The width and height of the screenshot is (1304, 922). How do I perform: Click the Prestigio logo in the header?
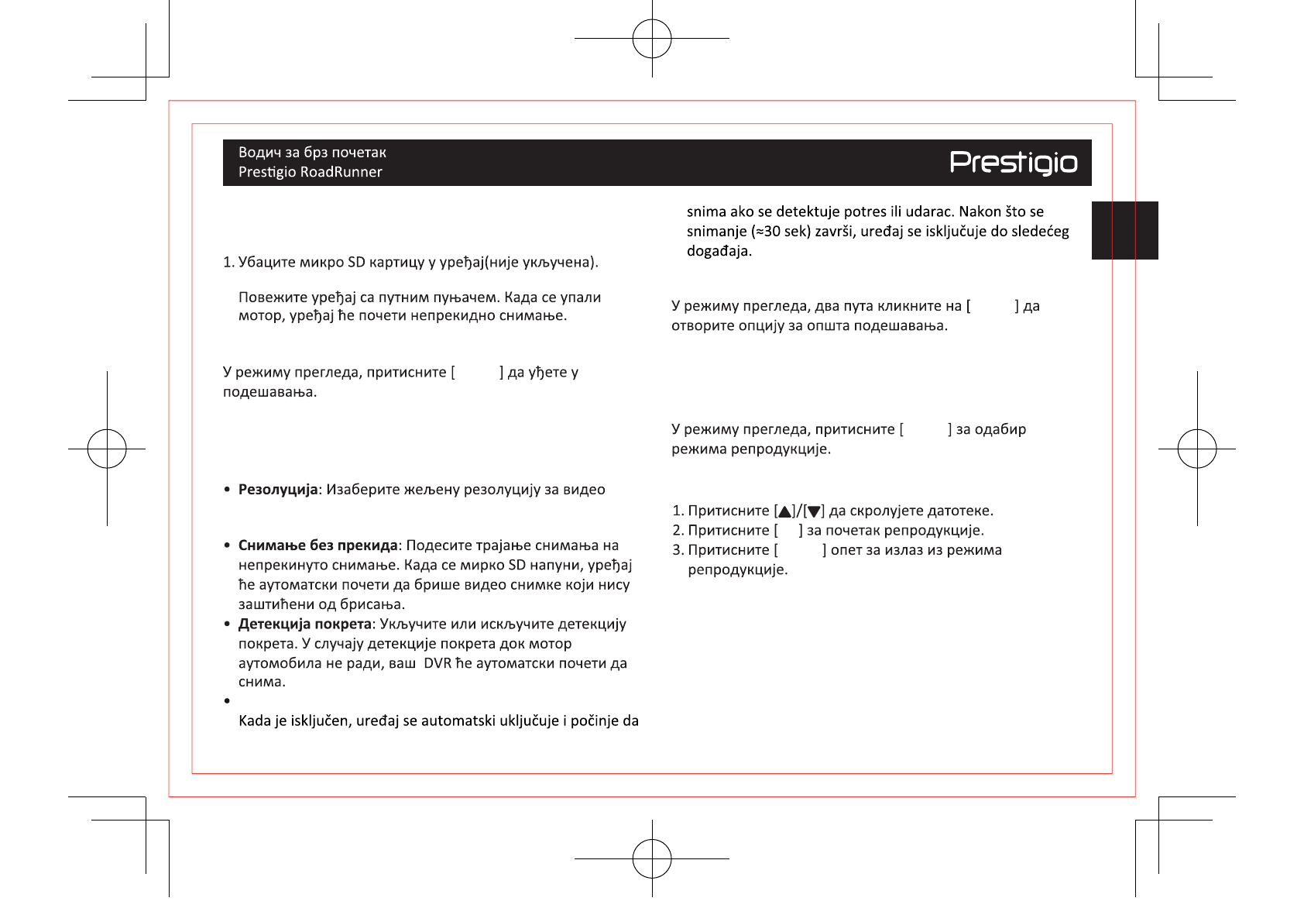pos(1013,163)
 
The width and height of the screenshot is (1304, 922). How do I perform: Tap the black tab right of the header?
pos(1124,230)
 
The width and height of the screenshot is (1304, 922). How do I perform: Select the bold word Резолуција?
pos(278,490)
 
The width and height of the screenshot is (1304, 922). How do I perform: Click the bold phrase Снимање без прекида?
pos(317,545)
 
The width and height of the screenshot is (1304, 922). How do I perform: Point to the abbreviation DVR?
pos(438,663)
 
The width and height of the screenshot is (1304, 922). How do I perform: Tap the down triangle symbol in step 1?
pos(814,511)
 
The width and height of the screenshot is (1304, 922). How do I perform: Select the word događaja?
pos(719,251)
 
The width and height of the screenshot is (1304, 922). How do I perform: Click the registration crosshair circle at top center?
pos(652,38)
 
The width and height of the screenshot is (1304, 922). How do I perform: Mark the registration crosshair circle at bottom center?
pos(652,858)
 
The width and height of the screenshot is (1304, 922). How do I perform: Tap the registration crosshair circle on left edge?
pos(107,449)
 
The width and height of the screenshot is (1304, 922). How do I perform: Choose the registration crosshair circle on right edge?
pos(1197,449)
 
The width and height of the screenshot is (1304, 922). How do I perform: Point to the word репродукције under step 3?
pos(737,570)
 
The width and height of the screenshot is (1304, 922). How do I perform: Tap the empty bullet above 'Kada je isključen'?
pos(227,701)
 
